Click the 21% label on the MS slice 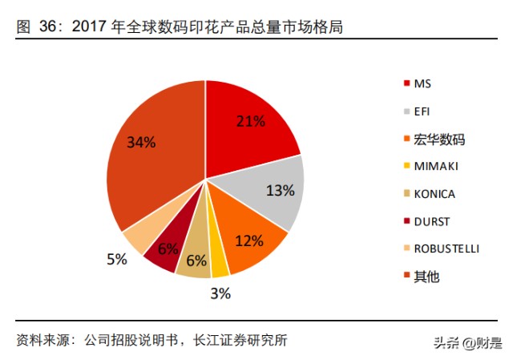250,121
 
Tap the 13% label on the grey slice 281,191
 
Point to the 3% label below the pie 220,293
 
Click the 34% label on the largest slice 141,142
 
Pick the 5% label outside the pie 117,259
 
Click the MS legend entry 422,83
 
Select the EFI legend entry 422,111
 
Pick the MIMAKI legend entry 435,166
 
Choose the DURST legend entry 431,221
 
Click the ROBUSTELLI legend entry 445,249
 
